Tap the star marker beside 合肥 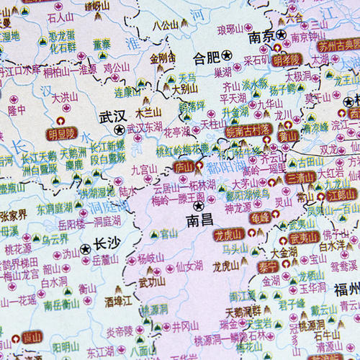tap(227, 55)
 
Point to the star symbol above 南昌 tap(199, 206)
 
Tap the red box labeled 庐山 tap(184, 166)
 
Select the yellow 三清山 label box tap(299, 177)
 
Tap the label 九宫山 tap(143, 170)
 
